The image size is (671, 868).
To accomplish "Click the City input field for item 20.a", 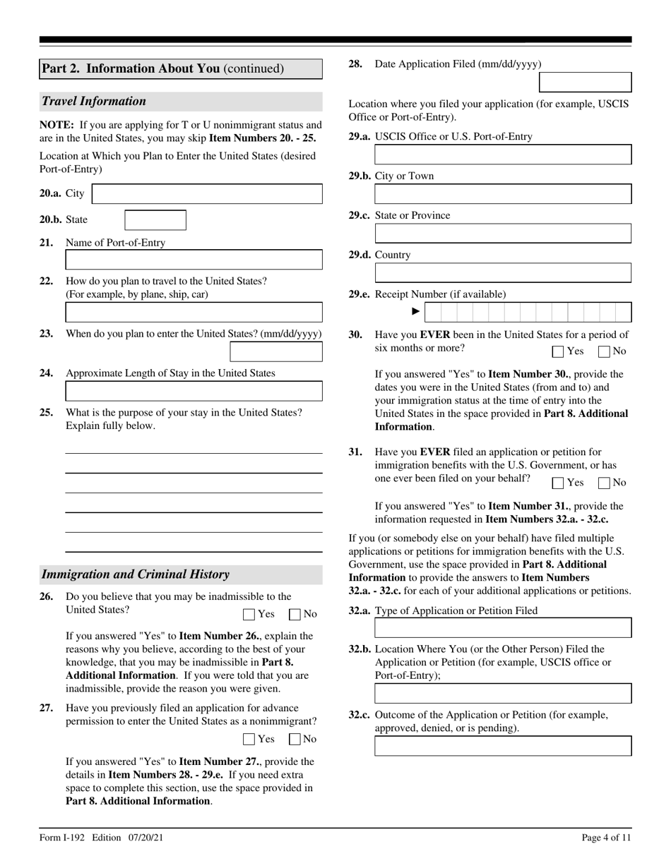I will (207, 194).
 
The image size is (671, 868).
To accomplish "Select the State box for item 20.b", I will (155, 220).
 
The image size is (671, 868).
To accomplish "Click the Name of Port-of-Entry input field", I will (194, 260).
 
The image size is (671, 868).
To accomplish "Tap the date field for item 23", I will (276, 351).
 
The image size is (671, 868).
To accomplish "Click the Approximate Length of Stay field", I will (194, 391).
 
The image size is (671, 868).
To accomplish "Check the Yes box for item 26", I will (249, 615).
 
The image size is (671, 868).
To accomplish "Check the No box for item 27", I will (295, 740).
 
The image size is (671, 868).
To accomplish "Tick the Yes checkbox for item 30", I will (558, 351).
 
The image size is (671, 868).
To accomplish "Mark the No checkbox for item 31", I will (604, 483).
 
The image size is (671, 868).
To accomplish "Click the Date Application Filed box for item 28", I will (585, 82).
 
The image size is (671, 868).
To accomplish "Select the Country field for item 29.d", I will (503, 273).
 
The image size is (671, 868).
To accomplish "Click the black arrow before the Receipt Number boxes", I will (416, 311).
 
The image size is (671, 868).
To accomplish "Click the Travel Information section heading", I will (94, 101).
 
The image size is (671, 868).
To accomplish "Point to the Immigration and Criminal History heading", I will (135, 574).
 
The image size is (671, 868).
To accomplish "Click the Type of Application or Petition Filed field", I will (503, 628).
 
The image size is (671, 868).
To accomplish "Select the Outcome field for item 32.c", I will (503, 746).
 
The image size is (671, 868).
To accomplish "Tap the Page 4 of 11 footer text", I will (606, 838).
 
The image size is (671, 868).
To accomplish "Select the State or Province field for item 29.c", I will (503, 234).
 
